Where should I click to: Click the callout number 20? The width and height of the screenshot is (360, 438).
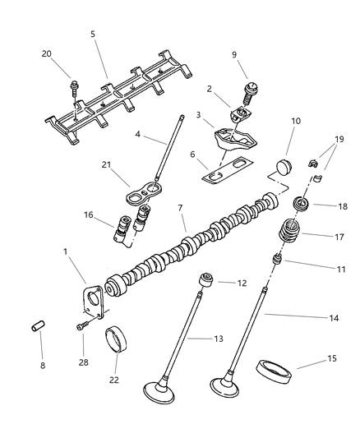(46, 54)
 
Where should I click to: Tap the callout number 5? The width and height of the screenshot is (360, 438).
(93, 35)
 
